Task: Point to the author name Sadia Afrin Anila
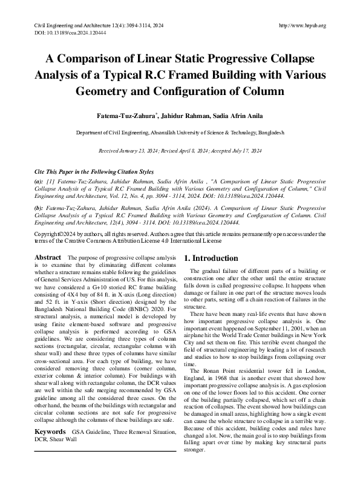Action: click(243, 116)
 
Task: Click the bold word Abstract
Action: click(48, 258)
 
